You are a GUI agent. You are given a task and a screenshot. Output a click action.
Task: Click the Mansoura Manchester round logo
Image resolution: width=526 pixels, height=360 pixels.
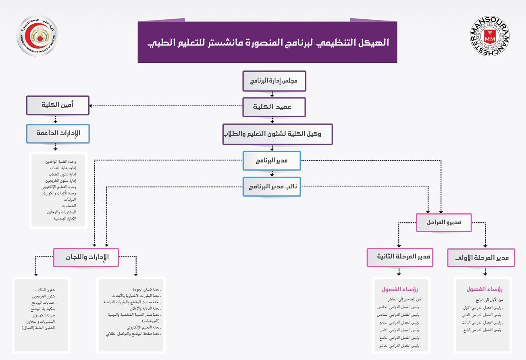(x=490, y=39)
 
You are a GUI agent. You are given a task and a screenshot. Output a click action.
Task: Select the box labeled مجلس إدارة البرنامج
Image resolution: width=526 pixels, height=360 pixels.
(x=274, y=81)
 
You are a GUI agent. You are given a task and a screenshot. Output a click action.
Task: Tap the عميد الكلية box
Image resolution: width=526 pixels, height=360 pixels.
(x=274, y=107)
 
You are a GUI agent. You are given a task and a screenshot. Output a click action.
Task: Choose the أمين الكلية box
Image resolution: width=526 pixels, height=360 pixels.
(x=58, y=105)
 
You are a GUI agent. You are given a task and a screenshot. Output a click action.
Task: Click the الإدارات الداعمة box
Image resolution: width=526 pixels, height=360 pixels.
(x=58, y=133)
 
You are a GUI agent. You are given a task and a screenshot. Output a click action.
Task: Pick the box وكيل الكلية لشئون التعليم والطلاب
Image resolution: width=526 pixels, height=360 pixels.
(x=278, y=134)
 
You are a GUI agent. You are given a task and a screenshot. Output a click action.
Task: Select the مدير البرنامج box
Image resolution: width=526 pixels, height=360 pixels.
(x=272, y=161)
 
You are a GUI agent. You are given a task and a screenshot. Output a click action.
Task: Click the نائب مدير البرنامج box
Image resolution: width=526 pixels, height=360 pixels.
(x=272, y=187)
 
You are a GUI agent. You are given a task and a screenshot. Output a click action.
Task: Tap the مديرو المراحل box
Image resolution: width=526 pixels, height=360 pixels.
(x=443, y=222)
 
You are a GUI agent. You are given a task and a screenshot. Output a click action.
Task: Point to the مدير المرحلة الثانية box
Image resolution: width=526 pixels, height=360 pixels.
(x=399, y=257)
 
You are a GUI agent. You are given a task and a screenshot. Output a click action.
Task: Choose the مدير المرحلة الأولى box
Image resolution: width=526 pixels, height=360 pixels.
(x=481, y=258)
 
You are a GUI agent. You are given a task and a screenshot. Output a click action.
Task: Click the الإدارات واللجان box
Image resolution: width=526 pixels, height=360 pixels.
(x=86, y=257)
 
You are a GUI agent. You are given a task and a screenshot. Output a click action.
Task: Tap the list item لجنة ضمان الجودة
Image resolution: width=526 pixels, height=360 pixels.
(x=147, y=290)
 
